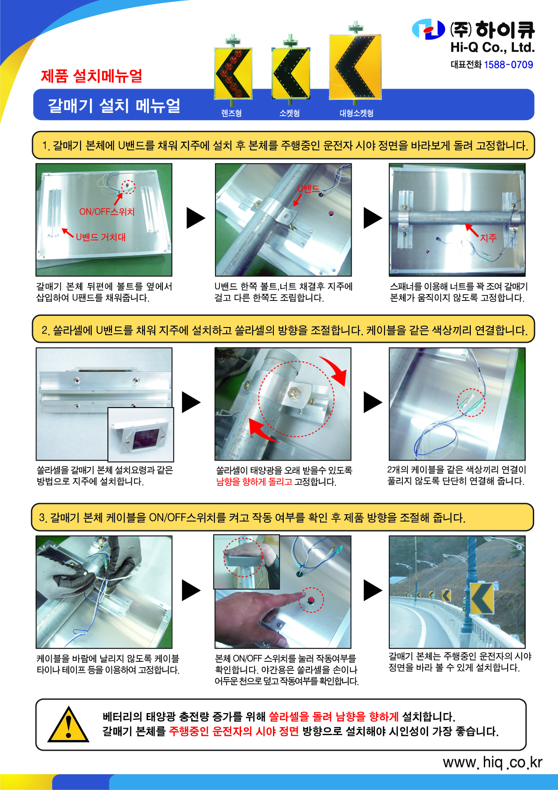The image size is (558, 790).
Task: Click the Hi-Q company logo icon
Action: [429, 29]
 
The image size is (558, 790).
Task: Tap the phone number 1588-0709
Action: [508, 64]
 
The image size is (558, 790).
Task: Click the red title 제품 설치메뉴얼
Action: [92, 76]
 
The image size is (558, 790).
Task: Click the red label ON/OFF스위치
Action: [107, 211]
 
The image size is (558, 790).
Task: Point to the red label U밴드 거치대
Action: [101, 237]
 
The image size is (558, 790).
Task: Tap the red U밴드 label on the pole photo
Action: [308, 189]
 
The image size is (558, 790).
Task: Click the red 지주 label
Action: [488, 238]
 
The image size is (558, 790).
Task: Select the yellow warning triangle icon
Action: [68, 724]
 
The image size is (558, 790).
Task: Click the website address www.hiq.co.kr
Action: [493, 762]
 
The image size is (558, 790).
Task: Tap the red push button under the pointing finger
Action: [311, 600]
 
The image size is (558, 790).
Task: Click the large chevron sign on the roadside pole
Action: [482, 598]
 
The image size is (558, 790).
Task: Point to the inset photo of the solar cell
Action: [141, 435]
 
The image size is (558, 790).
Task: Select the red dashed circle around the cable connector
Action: [472, 402]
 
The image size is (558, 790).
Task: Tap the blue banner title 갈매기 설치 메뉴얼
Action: [114, 106]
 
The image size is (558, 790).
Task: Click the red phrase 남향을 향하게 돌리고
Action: [254, 482]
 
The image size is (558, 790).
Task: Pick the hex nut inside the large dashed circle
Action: [293, 392]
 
